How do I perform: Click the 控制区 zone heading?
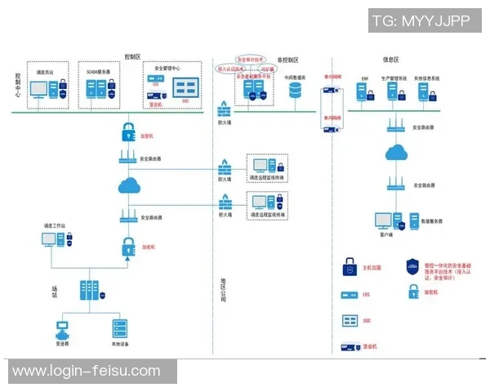(x=132, y=56)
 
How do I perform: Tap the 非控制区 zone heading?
(x=288, y=60)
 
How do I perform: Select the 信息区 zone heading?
(x=390, y=60)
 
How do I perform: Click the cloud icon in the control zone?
(x=131, y=187)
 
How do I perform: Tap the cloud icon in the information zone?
(x=397, y=152)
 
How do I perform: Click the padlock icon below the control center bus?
(x=128, y=130)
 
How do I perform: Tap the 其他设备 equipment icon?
(x=120, y=329)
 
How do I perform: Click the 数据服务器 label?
(x=431, y=220)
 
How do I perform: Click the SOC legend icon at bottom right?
(x=348, y=320)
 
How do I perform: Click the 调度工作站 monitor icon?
(x=51, y=239)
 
